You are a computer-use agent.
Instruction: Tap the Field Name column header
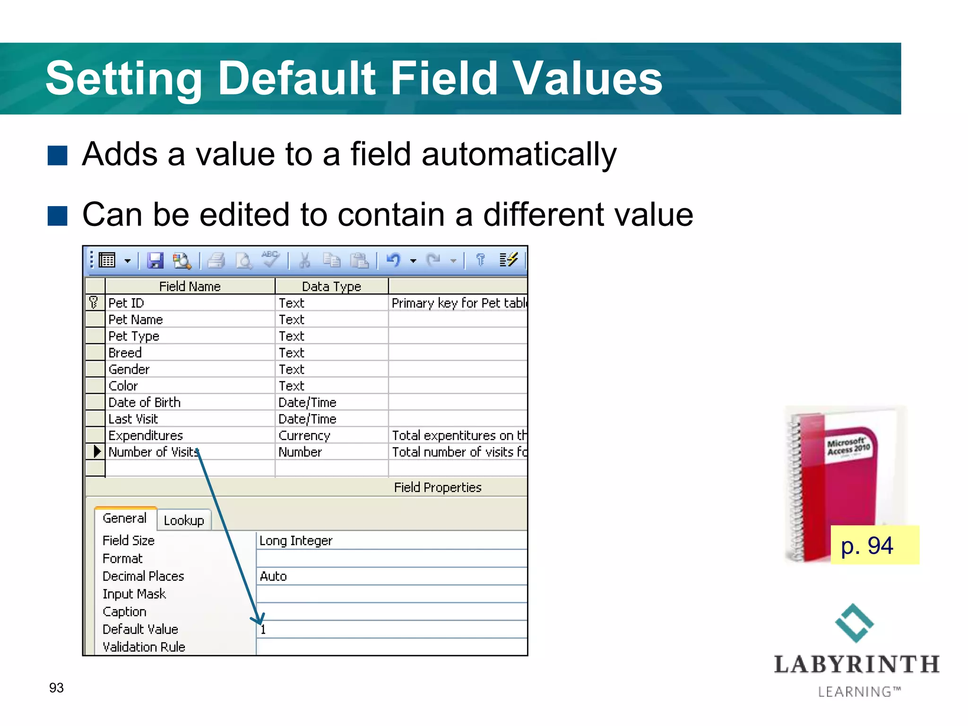point(190,286)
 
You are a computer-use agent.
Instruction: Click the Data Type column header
point(331,286)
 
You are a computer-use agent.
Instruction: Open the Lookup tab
point(184,520)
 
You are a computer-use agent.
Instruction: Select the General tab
point(125,519)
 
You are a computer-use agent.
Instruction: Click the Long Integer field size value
point(296,540)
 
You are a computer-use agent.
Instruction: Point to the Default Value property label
point(140,629)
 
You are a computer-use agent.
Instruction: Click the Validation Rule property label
point(144,647)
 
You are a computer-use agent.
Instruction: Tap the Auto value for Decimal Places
point(274,576)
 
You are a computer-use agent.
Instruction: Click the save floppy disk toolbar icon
point(155,260)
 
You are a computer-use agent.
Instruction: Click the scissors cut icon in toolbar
point(305,260)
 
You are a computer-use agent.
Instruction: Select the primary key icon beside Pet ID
point(94,302)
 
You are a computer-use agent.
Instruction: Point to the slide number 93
point(56,688)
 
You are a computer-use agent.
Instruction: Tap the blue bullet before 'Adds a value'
point(58,156)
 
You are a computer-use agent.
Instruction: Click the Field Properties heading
point(438,487)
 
